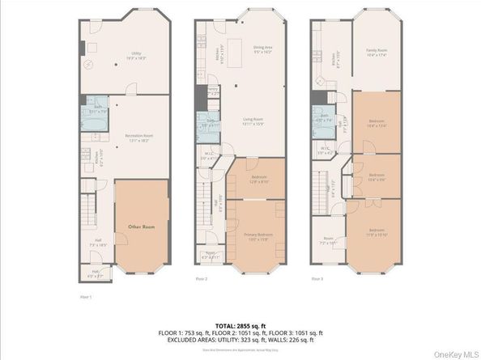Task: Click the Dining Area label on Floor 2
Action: [262, 49]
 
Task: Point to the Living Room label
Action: [254, 122]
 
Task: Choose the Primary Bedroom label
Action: [257, 236]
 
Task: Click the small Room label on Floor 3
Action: [328, 240]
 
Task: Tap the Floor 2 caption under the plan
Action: [202, 278]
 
